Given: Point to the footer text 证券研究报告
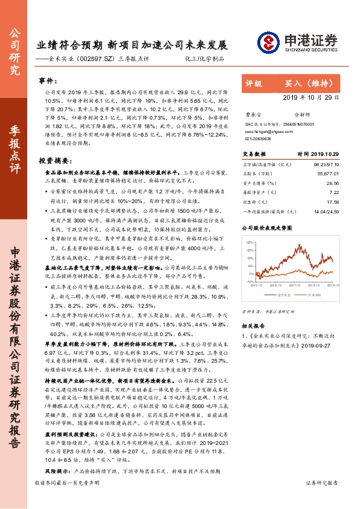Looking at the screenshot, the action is pyautogui.click(x=323, y=499).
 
